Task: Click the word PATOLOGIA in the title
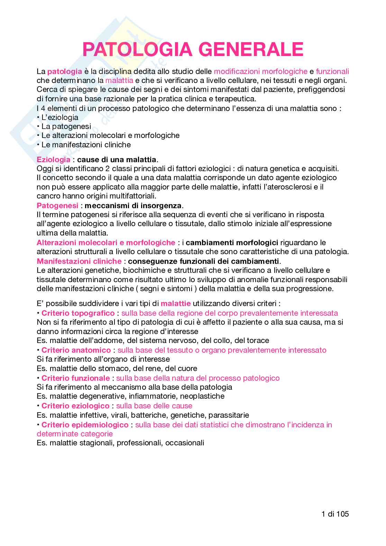(x=137, y=49)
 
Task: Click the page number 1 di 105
(x=335, y=514)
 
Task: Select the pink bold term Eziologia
(x=54, y=160)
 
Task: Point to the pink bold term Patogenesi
(x=57, y=205)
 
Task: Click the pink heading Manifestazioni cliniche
(x=79, y=261)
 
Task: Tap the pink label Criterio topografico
(x=78, y=313)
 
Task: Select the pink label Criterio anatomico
(x=76, y=350)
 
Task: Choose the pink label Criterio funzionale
(x=75, y=378)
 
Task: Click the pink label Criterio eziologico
(x=75, y=406)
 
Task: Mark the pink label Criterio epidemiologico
(x=85, y=424)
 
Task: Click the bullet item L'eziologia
(x=59, y=117)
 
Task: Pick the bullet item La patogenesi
(x=66, y=126)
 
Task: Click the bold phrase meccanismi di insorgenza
(x=133, y=205)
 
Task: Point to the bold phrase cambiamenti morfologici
(x=232, y=242)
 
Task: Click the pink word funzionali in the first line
(x=332, y=71)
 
